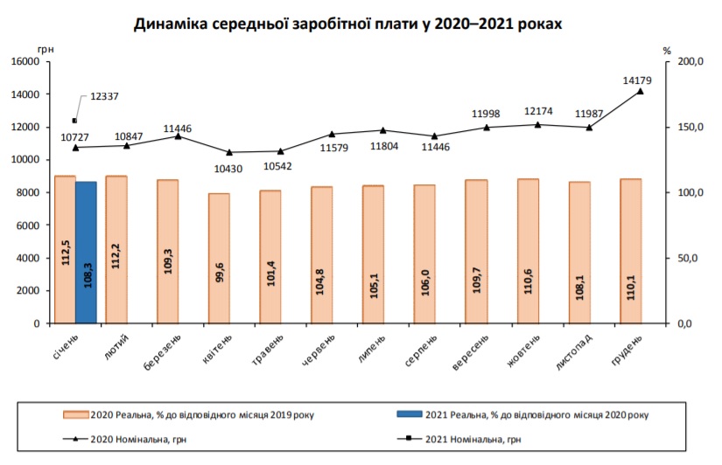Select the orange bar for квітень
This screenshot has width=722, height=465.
coord(219,258)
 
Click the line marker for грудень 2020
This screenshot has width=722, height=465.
coord(641,91)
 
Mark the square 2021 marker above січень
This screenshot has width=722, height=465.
coord(74,121)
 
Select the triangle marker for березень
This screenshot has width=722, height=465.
coord(178,136)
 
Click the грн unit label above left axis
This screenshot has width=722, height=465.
coord(46,50)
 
